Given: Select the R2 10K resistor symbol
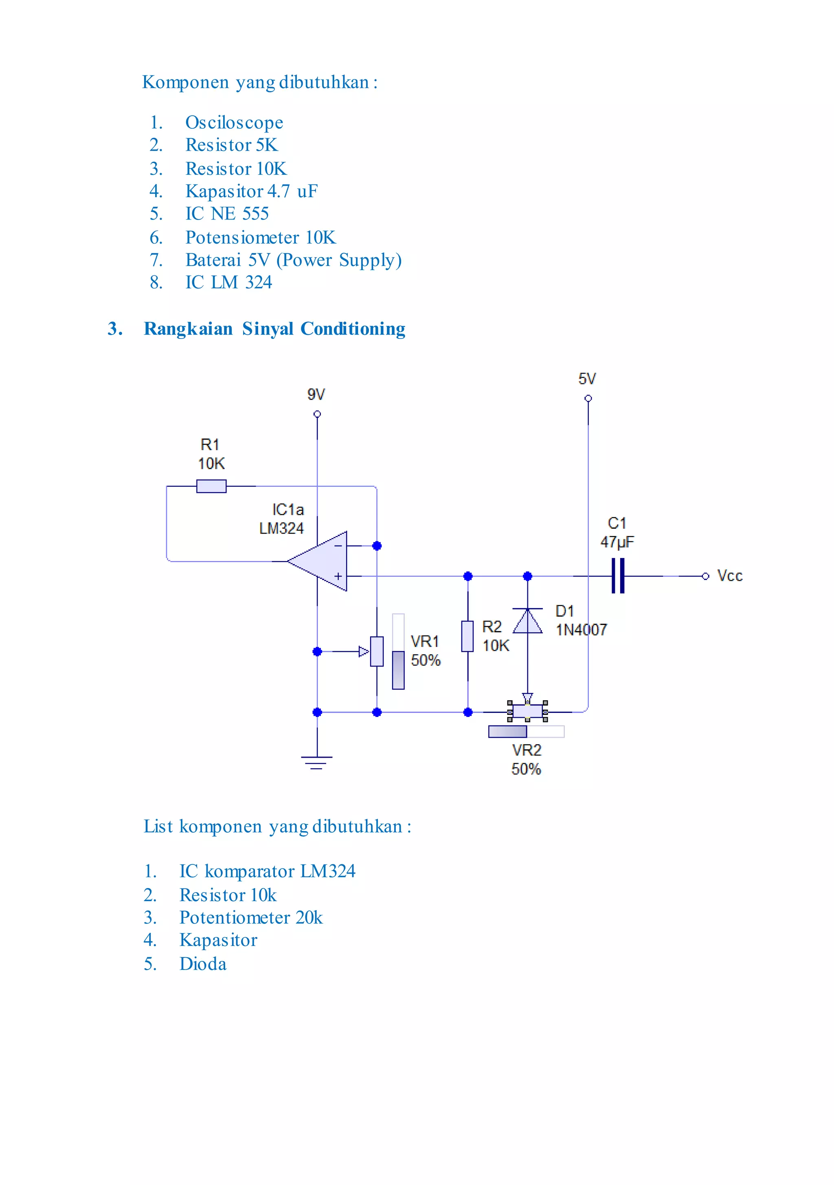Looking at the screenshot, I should click(467, 636).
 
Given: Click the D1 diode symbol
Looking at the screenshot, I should click(527, 621).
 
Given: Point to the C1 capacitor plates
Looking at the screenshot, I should click(618, 576).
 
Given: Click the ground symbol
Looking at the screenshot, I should click(316, 762).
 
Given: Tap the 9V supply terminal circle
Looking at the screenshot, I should click(317, 414).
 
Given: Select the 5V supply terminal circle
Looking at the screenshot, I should click(588, 398).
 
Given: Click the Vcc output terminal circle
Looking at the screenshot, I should click(705, 576).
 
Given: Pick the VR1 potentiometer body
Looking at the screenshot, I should click(377, 651).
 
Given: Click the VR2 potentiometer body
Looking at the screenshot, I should click(527, 711).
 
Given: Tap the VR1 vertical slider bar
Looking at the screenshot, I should click(398, 651).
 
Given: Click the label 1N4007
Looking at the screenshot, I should click(581, 630).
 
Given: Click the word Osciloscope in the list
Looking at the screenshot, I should click(234, 123).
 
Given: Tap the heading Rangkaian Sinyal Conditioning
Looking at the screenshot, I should click(274, 329).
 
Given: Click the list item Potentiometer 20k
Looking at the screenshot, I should click(251, 917).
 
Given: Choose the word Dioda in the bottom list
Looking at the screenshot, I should click(203, 963).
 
